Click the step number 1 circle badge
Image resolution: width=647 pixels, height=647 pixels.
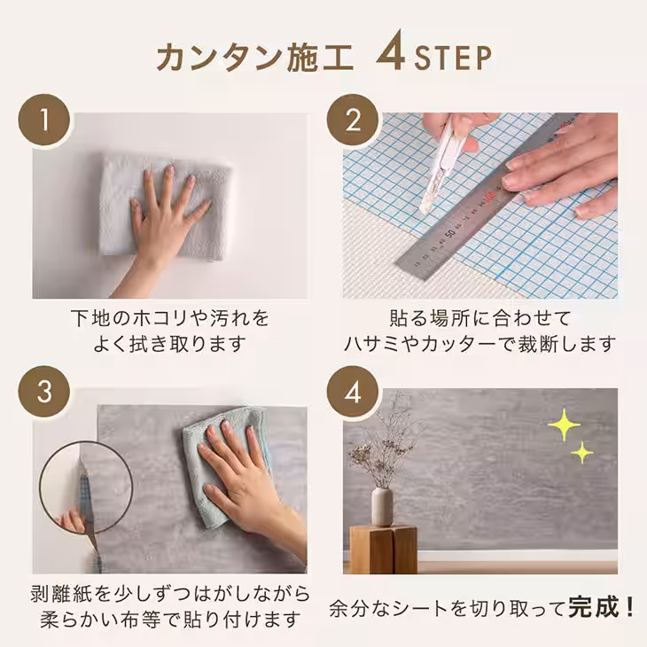(x=43, y=120)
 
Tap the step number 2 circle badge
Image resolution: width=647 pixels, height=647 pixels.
(x=353, y=120)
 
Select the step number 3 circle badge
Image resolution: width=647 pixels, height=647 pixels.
(x=43, y=393)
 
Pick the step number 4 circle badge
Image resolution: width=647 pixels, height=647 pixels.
(x=353, y=393)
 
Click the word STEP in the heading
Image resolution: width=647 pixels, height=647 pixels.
(x=452, y=58)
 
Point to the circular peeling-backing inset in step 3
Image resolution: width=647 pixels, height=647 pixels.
(x=85, y=487)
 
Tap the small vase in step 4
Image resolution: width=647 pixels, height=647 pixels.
(x=382, y=506)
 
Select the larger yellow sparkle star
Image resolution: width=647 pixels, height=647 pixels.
(x=563, y=425)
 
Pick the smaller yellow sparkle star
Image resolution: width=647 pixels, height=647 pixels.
(x=581, y=454)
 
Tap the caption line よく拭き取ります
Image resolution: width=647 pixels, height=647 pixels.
(x=168, y=342)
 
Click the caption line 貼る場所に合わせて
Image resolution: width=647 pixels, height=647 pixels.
(x=479, y=316)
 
